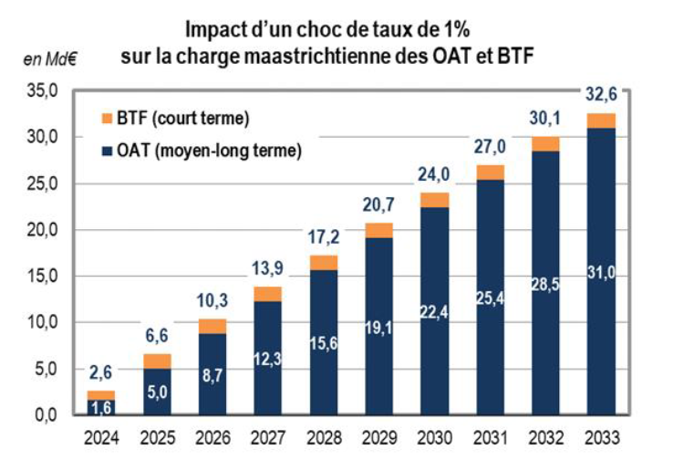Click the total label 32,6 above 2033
(600, 93)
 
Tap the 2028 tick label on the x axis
(323, 438)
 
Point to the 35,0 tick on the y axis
(43, 90)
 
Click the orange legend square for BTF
(107, 119)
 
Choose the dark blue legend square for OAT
(107, 151)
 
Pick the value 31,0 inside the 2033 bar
(600, 271)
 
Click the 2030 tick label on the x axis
(434, 438)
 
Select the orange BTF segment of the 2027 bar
(267, 294)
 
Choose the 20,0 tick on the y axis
(43, 229)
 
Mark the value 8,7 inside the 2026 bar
(212, 375)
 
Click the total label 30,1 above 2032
(545, 117)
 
